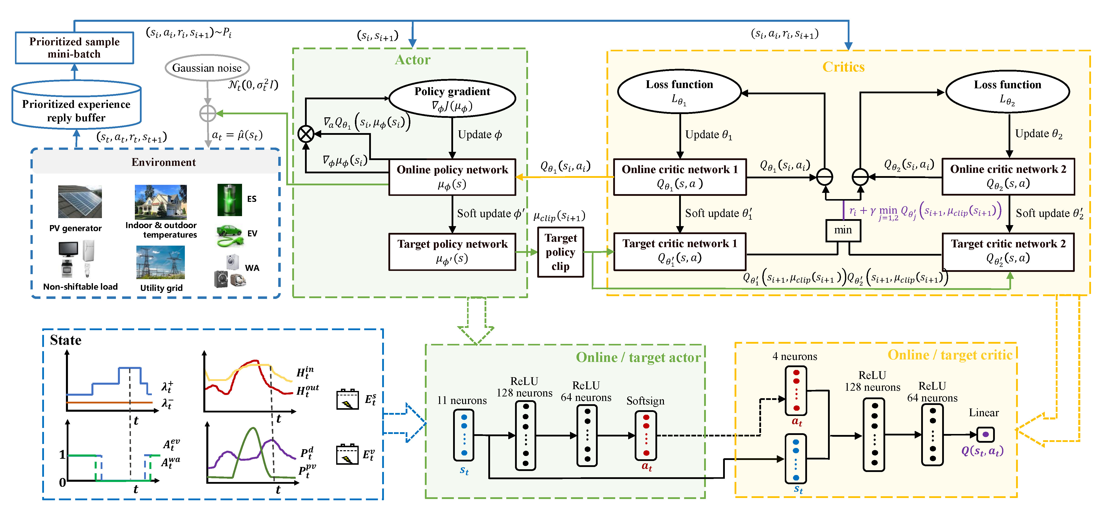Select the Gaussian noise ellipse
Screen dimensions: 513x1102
[x=207, y=68]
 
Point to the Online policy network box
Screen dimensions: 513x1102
[x=452, y=177]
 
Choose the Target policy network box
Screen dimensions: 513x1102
[x=452, y=251]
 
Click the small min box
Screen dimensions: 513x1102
[x=843, y=230]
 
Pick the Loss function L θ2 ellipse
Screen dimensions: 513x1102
[x=1007, y=92]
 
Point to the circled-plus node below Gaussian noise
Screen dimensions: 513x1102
[x=208, y=114]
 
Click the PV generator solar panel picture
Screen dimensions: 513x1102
[x=80, y=202]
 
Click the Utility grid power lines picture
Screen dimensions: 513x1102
[x=160, y=262]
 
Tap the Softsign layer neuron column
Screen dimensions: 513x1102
[x=646, y=435]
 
